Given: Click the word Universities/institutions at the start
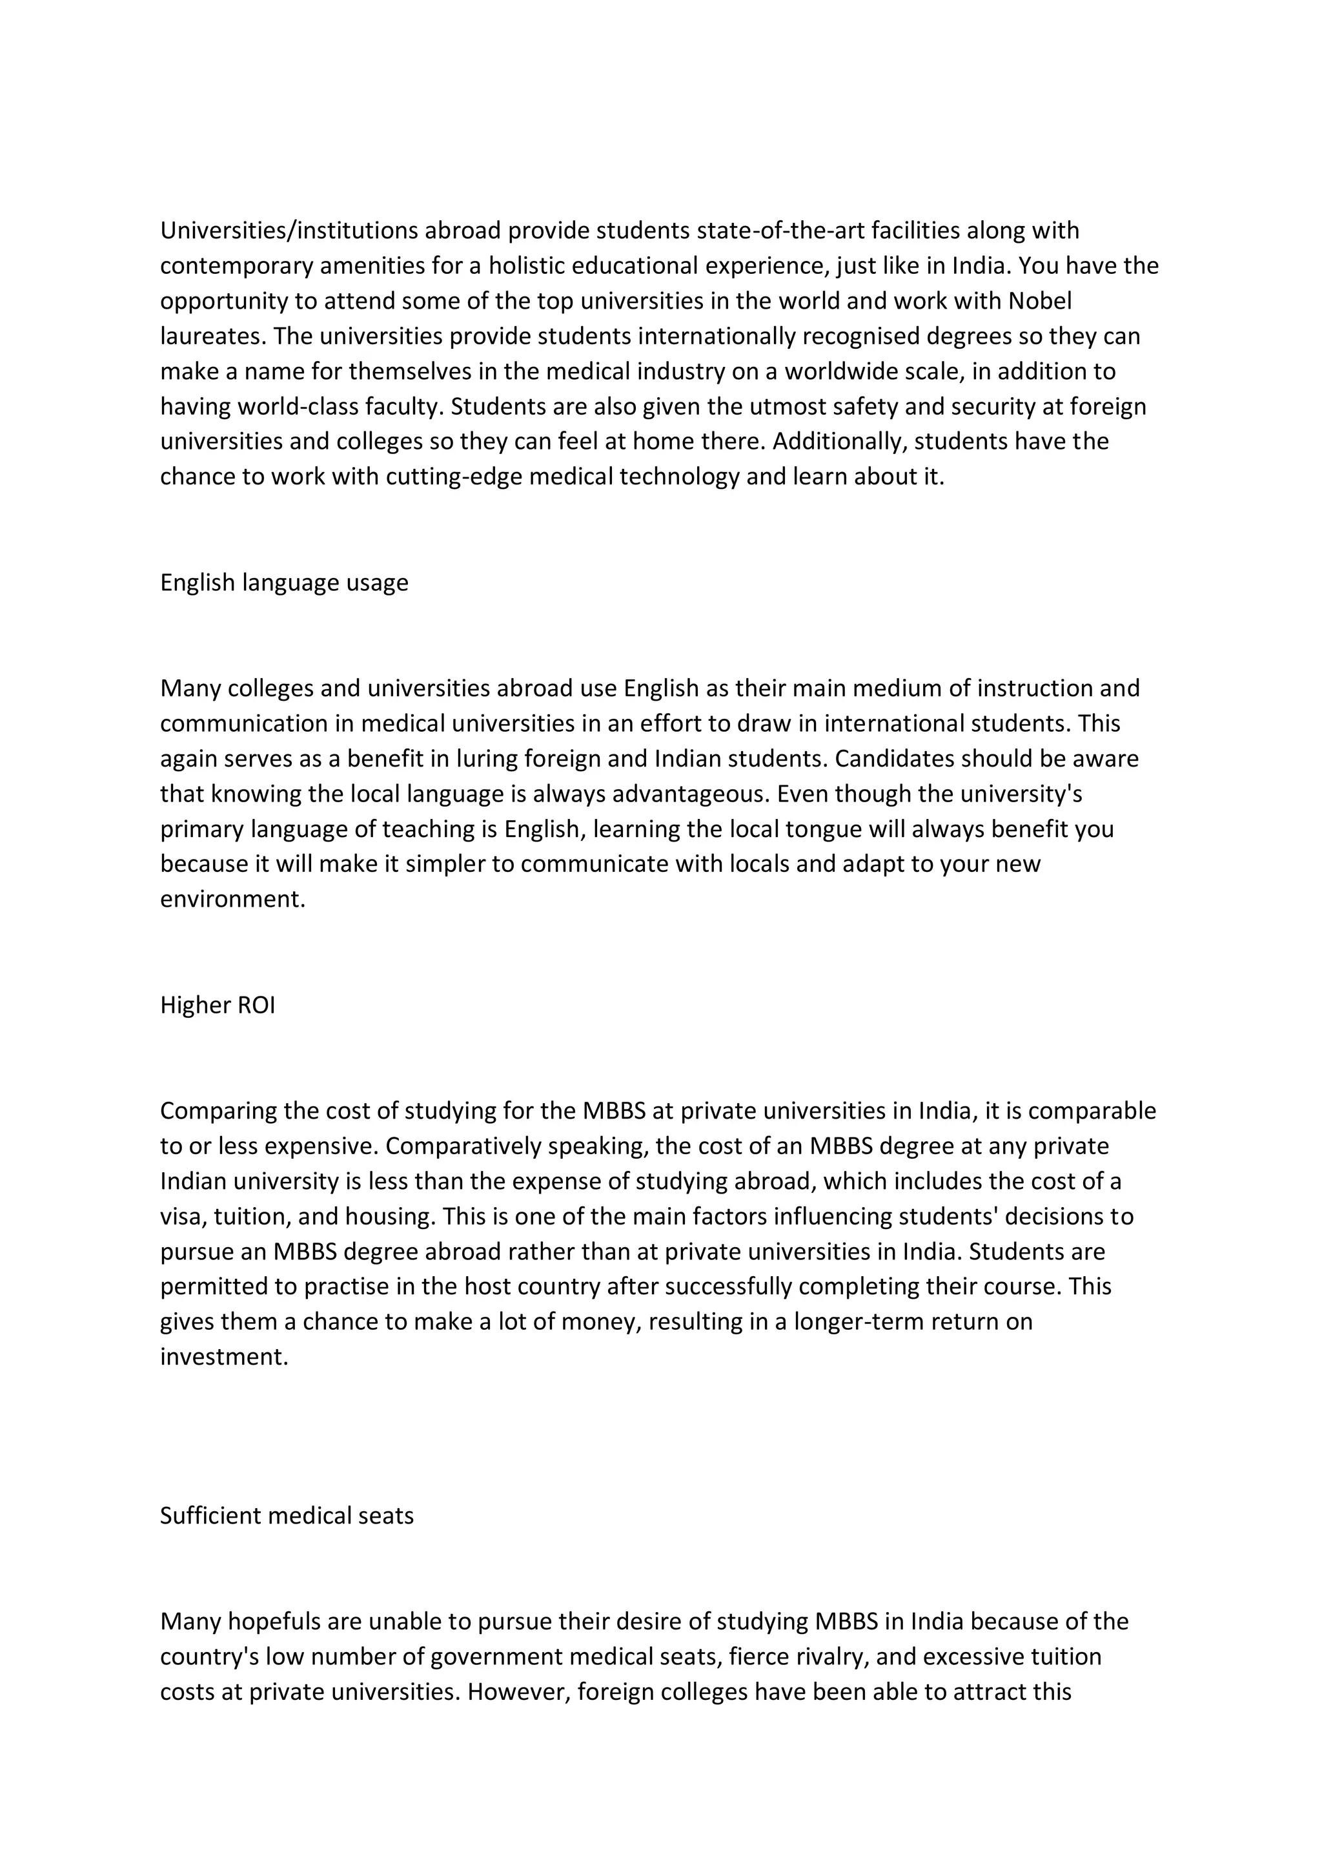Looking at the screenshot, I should [x=289, y=231].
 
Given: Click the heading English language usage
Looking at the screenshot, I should [x=284, y=583].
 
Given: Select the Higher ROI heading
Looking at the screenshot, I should [x=218, y=1005].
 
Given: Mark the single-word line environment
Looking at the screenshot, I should [x=232, y=899].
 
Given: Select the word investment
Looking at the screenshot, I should [x=224, y=1357].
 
